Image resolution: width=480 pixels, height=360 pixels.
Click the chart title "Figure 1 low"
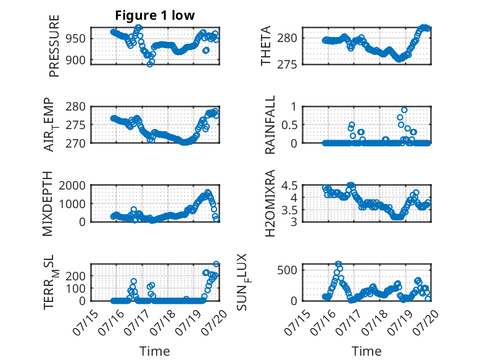(155, 15)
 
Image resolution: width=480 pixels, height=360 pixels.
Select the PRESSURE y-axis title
(54, 46)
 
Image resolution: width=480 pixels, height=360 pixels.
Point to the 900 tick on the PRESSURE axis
(77, 61)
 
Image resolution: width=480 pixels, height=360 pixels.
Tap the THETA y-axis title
(266, 46)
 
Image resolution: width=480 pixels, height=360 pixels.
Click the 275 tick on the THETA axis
(287, 65)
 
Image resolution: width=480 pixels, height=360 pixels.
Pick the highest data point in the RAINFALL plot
(404, 110)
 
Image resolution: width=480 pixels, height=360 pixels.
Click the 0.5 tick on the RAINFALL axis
(289, 125)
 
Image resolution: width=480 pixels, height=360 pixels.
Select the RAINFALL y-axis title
(270, 125)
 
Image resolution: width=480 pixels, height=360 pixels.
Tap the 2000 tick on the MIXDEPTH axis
(73, 185)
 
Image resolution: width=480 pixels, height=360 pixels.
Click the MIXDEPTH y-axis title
(48, 204)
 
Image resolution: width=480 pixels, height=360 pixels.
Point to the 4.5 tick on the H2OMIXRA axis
(289, 185)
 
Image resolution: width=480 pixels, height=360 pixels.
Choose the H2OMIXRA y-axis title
(270, 203)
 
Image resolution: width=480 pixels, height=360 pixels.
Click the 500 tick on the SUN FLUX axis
(287, 270)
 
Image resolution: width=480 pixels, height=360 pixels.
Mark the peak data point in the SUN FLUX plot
(338, 264)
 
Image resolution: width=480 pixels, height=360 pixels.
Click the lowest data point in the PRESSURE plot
(150, 64)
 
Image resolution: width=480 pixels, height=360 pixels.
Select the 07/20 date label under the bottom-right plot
(426, 322)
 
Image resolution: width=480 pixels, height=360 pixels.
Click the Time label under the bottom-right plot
(366, 351)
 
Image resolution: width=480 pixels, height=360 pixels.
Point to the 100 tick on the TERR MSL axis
(77, 288)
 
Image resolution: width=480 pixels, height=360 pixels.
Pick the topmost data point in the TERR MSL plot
(216, 264)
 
